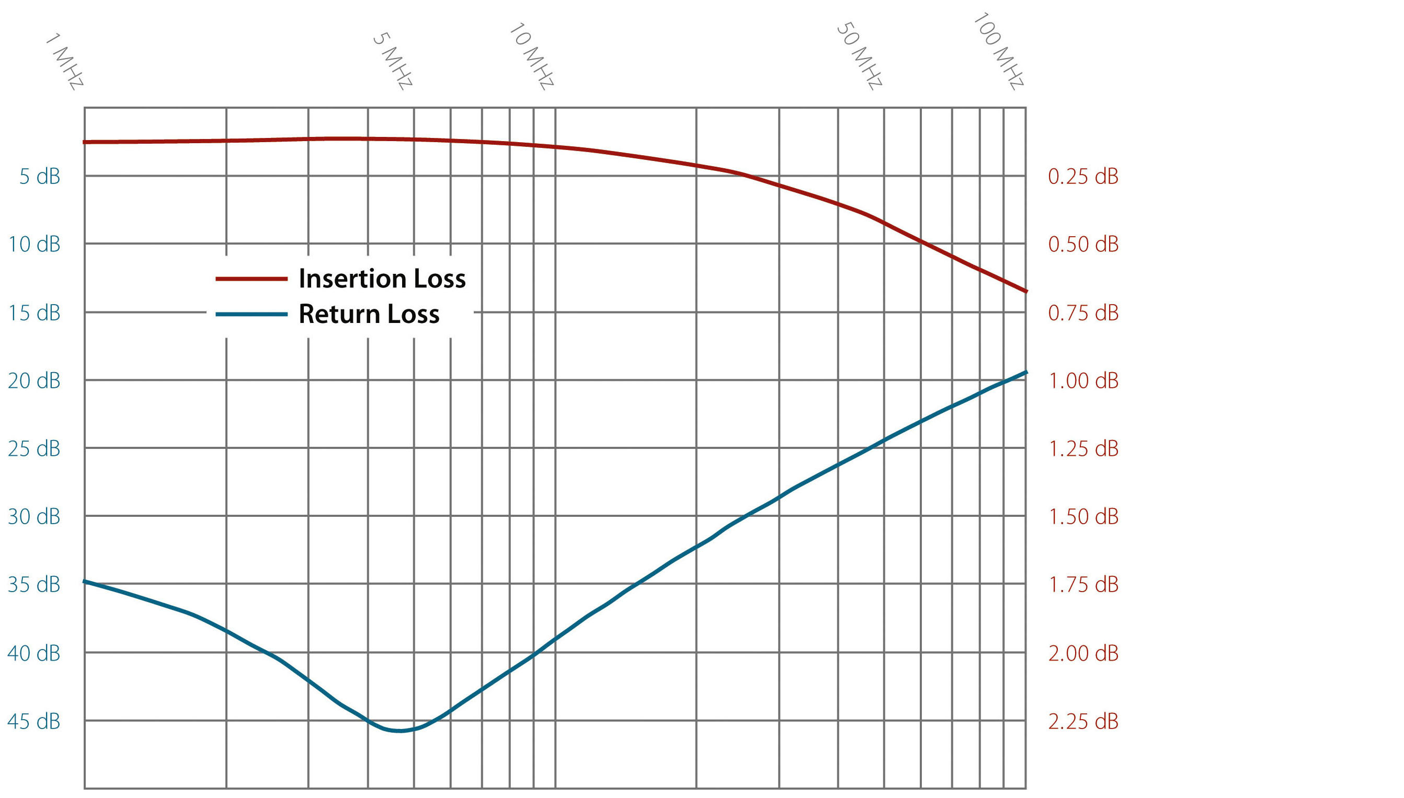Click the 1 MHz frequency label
65,61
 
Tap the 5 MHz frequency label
393,61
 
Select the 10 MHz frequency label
532,56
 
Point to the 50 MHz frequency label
859,56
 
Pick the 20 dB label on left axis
34,380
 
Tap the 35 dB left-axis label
34,585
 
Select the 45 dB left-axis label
34,721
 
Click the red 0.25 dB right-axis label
1083,177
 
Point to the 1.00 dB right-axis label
1083,380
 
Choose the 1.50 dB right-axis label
1083,516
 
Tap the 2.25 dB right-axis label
1083,721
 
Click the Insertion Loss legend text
382,279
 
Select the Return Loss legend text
369,314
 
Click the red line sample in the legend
252,279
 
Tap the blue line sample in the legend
252,314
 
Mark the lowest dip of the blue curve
401,731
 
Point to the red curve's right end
1025,291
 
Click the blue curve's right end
1025,373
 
